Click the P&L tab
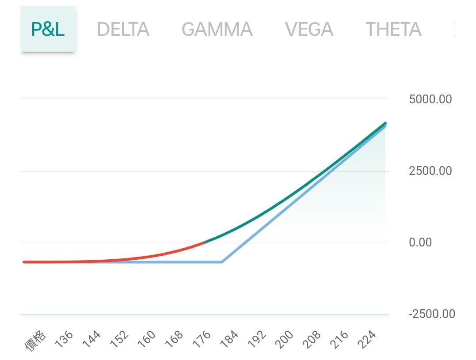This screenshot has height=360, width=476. click(48, 29)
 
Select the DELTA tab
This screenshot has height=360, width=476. click(123, 30)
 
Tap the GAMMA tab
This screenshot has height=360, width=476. click(217, 30)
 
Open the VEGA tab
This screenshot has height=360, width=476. click(309, 30)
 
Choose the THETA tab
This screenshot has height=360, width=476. click(393, 30)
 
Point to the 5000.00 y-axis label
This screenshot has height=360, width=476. click(430, 99)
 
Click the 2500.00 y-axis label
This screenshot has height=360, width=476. click(430, 171)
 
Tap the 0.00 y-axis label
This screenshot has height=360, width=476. click(420, 243)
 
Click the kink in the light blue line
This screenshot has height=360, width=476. click(221, 262)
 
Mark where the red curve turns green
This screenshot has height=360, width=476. click(204, 242)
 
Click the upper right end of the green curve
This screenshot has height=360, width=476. click(385, 123)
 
